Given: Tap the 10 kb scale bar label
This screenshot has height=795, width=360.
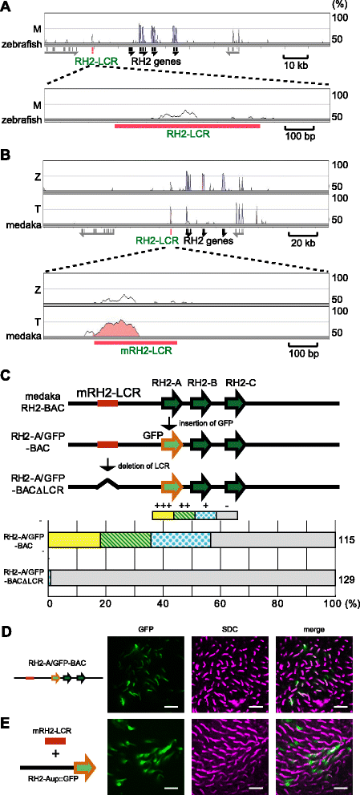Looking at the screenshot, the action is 296,65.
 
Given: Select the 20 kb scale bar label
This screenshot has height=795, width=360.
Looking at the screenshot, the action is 303,244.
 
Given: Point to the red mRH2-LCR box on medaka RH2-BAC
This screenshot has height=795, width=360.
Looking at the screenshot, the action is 107,403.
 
